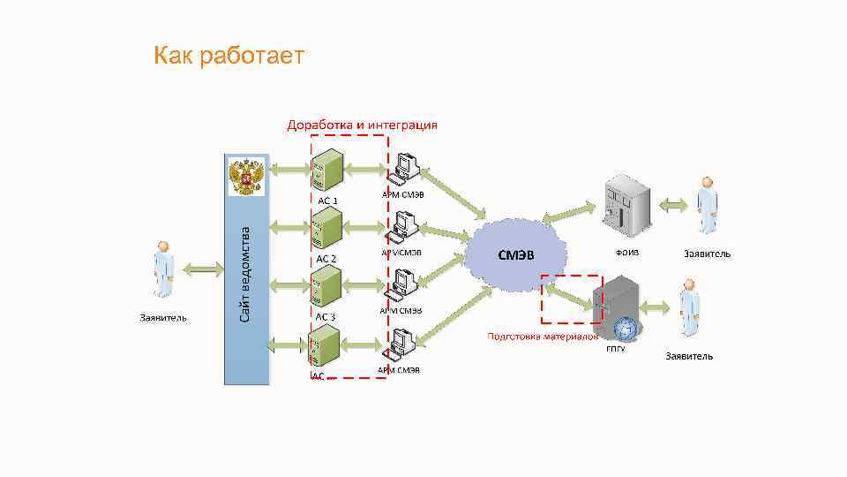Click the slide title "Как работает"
[229, 57]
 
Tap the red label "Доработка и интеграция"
[362, 125]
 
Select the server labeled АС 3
[327, 287]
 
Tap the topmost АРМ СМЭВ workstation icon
[406, 169]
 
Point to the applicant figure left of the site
[163, 270]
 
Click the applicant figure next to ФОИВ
[706, 205]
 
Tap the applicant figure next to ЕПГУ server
[688, 307]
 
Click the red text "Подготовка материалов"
[543, 337]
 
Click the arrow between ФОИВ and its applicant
[672, 206]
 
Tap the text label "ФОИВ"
[627, 253]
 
